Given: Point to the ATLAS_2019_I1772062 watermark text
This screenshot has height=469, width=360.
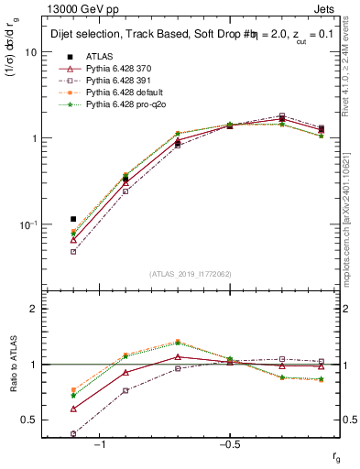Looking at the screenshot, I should pyautogui.click(x=191, y=273).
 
